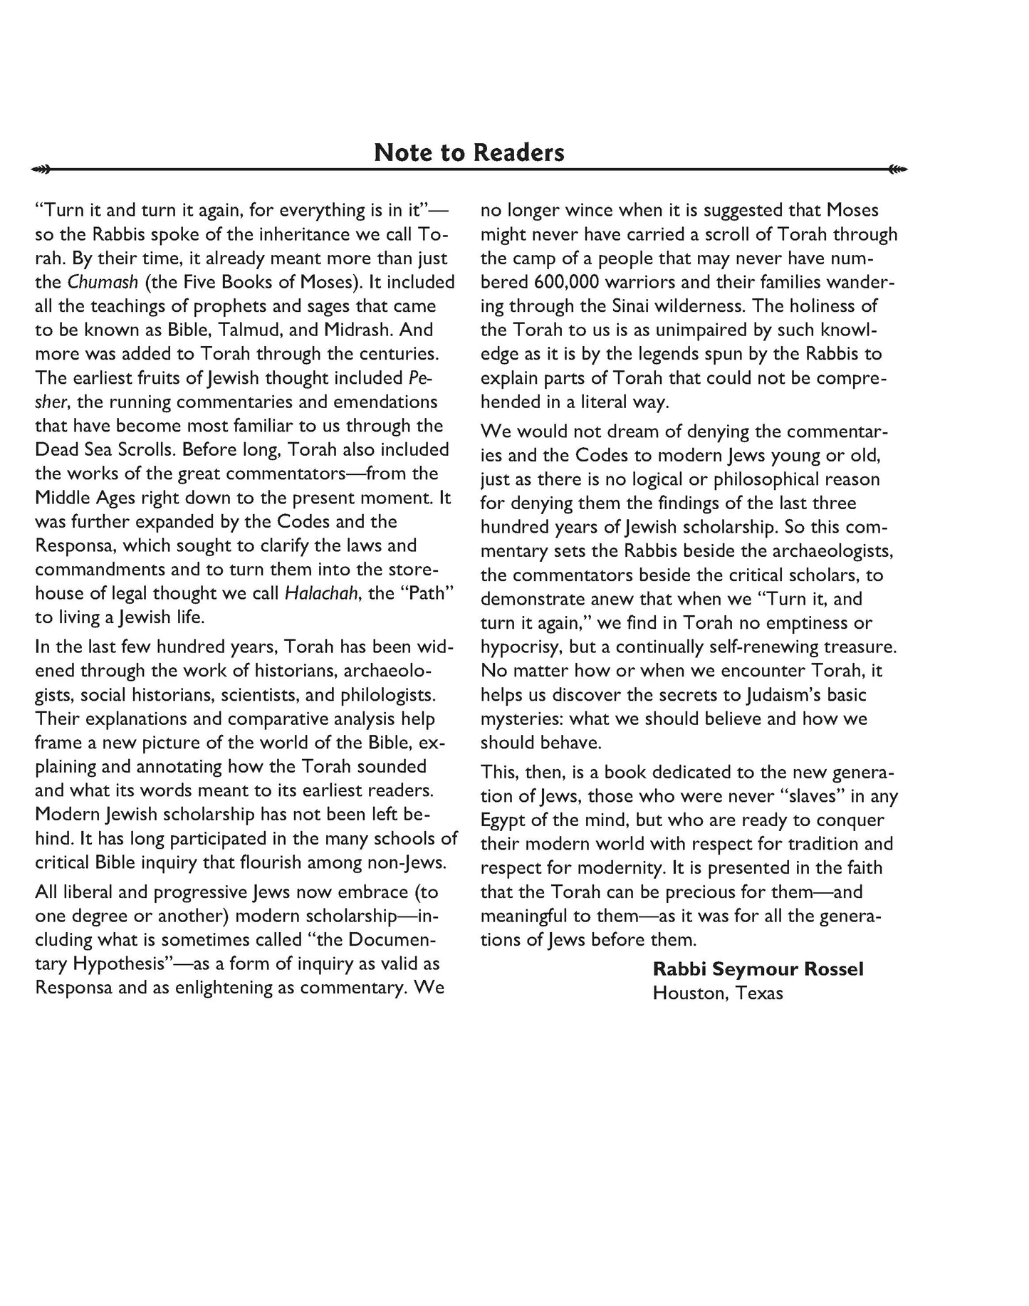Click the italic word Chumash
tap(103, 282)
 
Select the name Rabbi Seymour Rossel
tap(758, 969)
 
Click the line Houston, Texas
tap(717, 993)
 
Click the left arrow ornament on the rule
tap(42, 169)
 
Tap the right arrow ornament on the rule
tap(898, 169)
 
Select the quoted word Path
tap(426, 593)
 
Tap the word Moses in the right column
tap(852, 210)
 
